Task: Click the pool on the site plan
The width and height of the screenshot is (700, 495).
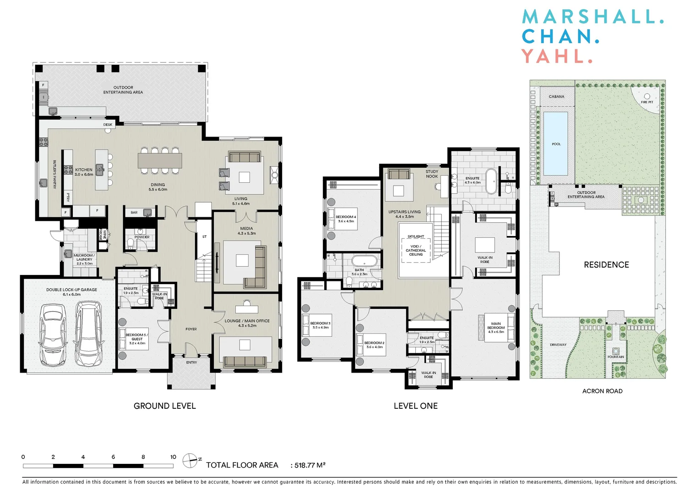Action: (x=556, y=144)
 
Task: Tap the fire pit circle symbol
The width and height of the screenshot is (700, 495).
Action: (x=647, y=97)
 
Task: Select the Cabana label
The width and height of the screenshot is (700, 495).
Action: (x=556, y=97)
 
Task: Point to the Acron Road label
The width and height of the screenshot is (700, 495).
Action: (x=602, y=391)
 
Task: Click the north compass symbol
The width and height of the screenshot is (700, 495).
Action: (x=190, y=461)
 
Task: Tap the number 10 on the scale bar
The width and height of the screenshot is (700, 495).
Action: (x=173, y=457)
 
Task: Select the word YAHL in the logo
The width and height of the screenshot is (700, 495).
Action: (x=557, y=56)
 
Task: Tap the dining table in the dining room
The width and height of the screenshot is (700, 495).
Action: (x=160, y=160)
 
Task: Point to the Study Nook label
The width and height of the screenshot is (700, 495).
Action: (x=432, y=174)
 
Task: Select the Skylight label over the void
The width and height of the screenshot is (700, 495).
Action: (x=416, y=236)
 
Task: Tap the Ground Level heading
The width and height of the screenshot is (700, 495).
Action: (x=164, y=406)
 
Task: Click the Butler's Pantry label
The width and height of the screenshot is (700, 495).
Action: (x=54, y=174)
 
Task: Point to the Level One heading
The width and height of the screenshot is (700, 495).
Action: (x=415, y=406)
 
